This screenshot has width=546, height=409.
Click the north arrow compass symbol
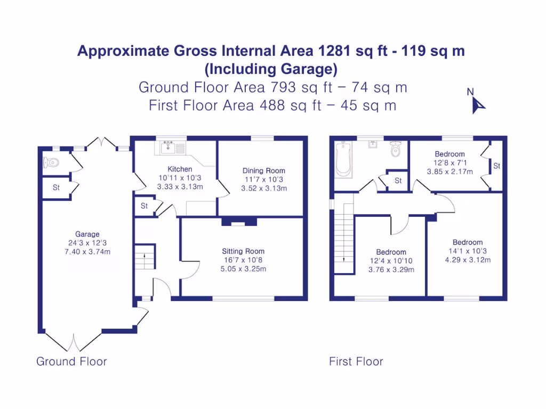click(x=477, y=104)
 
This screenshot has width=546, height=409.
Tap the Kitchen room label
click(x=180, y=169)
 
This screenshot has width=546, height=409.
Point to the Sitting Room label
click(x=243, y=251)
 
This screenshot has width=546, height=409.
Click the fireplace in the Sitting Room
click(x=239, y=221)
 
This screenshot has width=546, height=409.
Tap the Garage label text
click(x=87, y=234)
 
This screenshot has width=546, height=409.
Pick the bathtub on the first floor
click(x=342, y=158)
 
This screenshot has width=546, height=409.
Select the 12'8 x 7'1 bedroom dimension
click(x=449, y=163)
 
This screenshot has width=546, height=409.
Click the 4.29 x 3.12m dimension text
click(x=468, y=260)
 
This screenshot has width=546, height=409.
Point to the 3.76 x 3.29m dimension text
click(x=391, y=269)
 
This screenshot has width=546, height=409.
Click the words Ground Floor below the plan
click(x=71, y=362)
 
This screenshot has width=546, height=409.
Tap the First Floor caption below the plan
click(x=356, y=362)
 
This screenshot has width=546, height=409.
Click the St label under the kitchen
click(x=144, y=206)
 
